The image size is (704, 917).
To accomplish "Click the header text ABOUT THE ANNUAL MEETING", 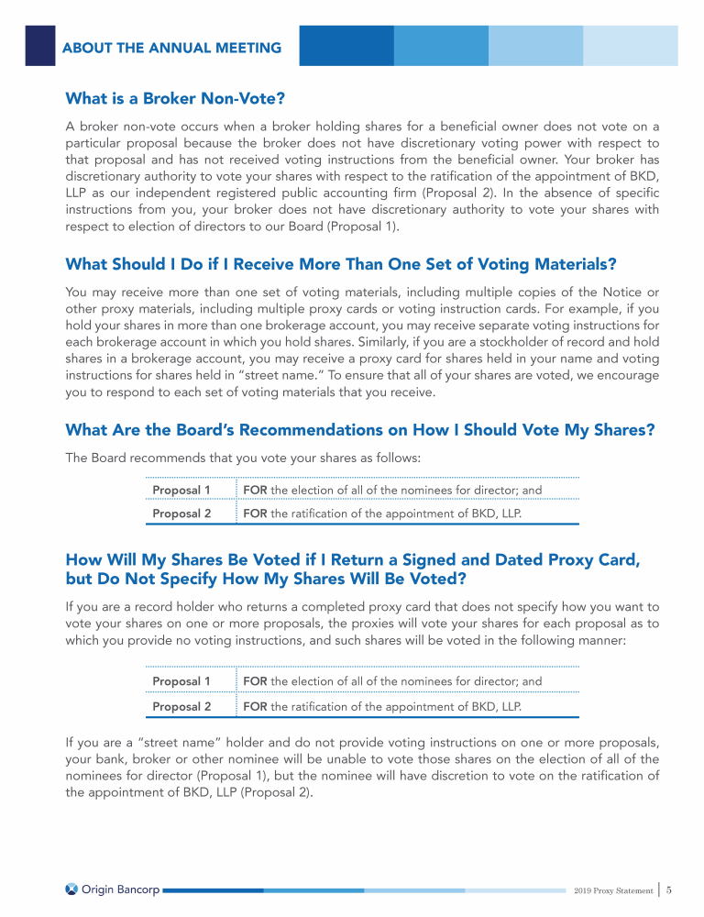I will pyautogui.click(x=171, y=48).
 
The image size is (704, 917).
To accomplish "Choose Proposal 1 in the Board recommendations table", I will pyautogui.click(x=181, y=491).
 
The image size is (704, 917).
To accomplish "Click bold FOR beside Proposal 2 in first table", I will pyautogui.click(x=256, y=514).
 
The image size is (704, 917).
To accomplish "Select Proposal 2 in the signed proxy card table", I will pyautogui.click(x=181, y=707).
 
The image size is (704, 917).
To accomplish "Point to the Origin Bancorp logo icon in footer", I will pyautogui.click(x=71, y=889).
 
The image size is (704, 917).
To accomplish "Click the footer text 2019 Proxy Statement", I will pyautogui.click(x=612, y=890).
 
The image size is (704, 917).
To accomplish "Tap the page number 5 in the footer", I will pyautogui.click(x=670, y=889).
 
